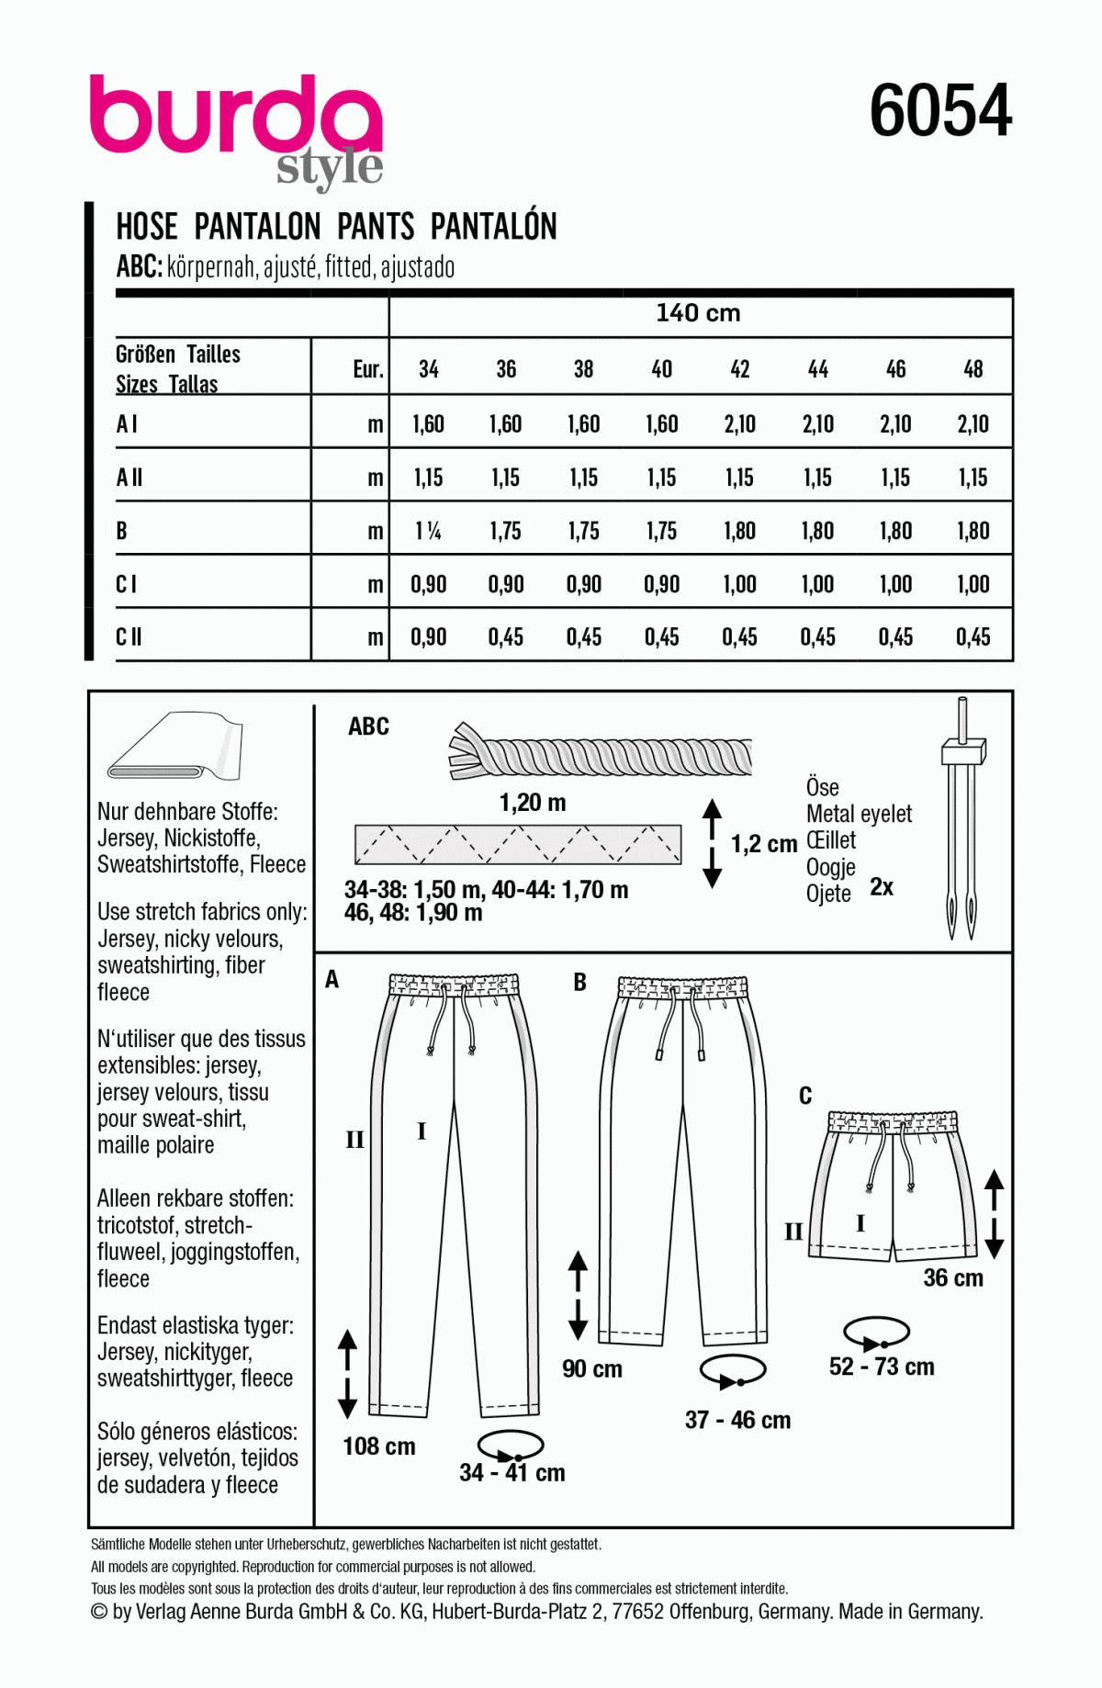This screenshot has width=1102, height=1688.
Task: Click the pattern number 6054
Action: click(x=940, y=111)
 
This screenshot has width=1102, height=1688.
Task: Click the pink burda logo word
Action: click(x=235, y=117)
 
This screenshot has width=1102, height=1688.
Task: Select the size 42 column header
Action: click(x=739, y=369)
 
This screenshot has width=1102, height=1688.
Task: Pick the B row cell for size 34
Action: click(x=428, y=531)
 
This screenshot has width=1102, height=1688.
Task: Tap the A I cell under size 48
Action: click(x=973, y=424)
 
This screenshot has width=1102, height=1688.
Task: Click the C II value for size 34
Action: click(x=428, y=637)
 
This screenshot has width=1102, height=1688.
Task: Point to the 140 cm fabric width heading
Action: click(x=698, y=313)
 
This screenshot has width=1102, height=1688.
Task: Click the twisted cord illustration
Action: click(x=602, y=756)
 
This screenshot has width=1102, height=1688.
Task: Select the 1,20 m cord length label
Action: click(x=533, y=803)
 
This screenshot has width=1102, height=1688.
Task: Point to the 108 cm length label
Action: click(x=379, y=1446)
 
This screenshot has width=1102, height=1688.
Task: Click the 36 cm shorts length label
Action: click(x=953, y=1277)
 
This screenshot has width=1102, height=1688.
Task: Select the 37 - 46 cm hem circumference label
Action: click(x=737, y=1420)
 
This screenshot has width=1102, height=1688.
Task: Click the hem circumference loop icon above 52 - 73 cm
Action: click(x=876, y=1333)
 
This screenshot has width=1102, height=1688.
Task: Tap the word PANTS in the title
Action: click(x=376, y=227)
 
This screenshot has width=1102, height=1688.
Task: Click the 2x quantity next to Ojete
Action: click(x=882, y=887)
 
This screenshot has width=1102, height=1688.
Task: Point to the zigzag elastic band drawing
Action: click(x=518, y=844)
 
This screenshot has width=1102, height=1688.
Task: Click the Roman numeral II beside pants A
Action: click(x=354, y=1140)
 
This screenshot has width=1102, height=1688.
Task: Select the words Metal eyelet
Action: click(x=859, y=814)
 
